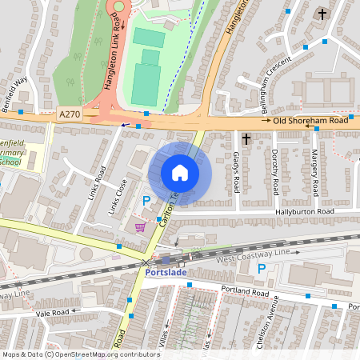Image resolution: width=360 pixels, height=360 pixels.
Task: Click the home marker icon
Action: click(x=180, y=173)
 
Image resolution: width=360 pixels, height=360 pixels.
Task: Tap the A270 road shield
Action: click(x=70, y=116)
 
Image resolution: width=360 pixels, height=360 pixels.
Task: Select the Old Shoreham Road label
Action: click(x=311, y=121)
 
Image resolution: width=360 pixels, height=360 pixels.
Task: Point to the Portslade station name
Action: click(x=167, y=272)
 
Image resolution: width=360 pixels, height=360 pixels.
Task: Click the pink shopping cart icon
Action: click(x=142, y=228)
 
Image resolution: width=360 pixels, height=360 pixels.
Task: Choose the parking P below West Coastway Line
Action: click(x=262, y=270)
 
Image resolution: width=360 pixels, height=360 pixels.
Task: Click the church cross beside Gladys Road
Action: click(x=246, y=139)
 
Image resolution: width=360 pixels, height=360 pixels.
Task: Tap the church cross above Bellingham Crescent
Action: click(x=322, y=14)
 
